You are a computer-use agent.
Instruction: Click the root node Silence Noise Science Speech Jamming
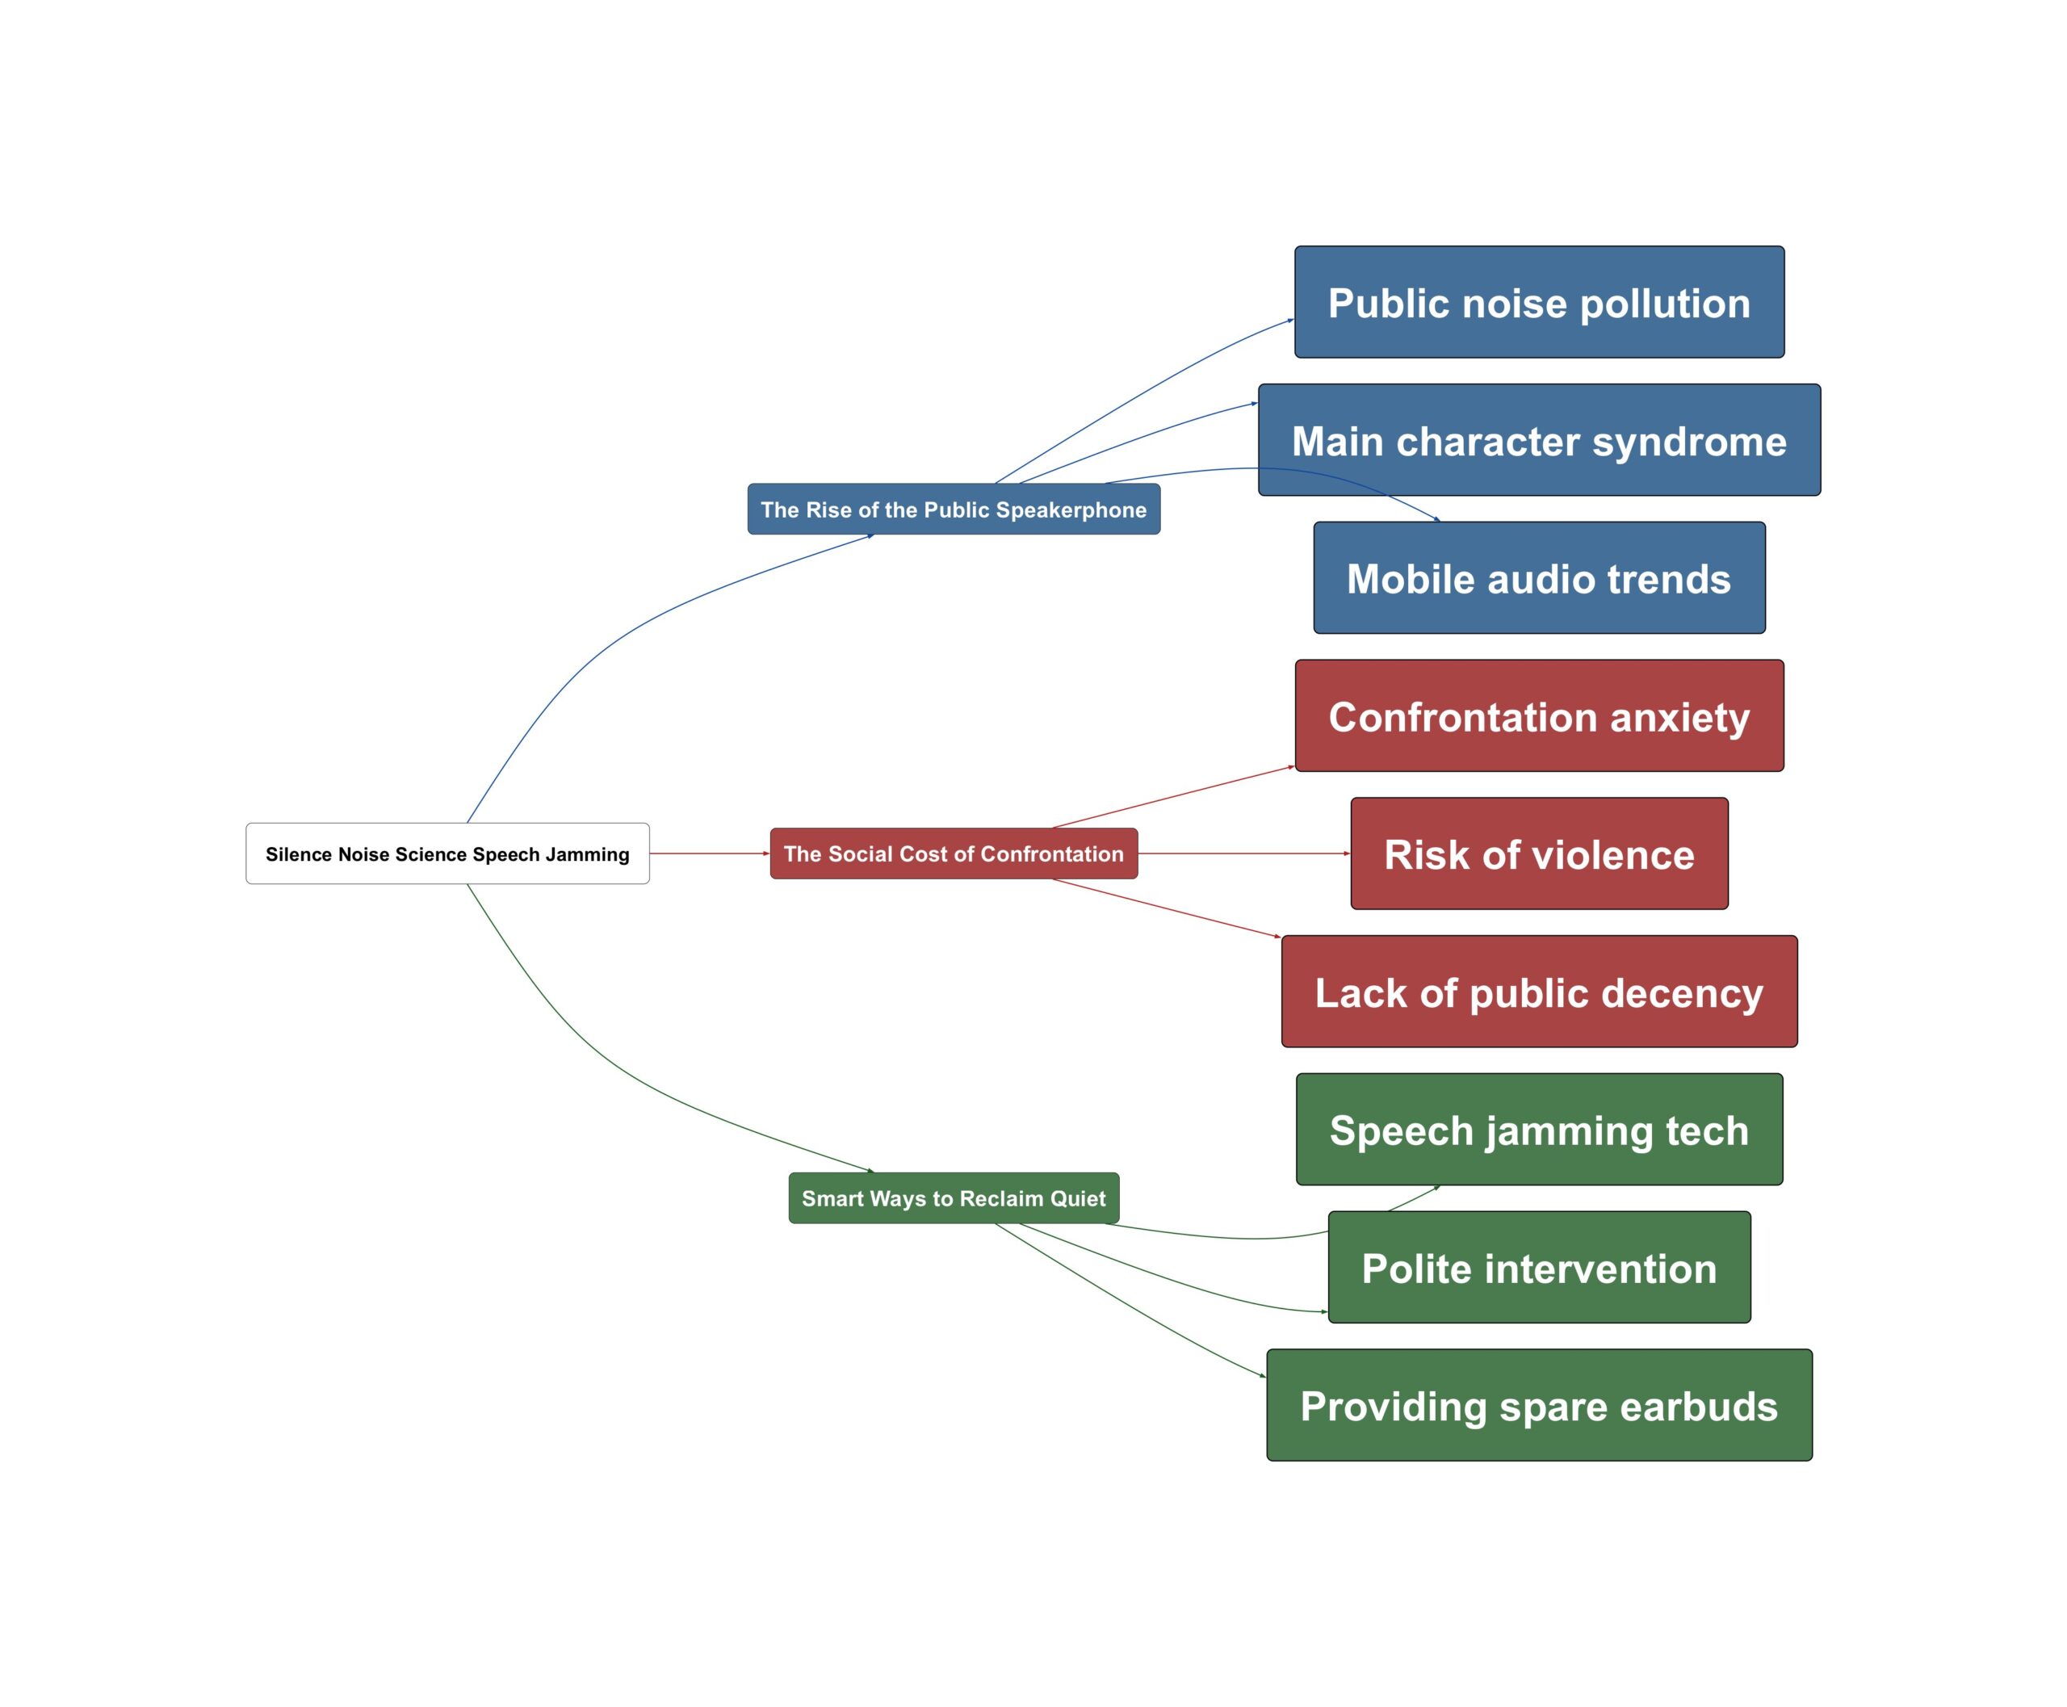[x=447, y=853]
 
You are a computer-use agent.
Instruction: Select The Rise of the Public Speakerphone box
[x=953, y=510]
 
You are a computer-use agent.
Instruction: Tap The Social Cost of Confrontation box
[x=953, y=853]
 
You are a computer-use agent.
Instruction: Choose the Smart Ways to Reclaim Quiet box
[x=953, y=1197]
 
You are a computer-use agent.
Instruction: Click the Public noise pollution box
[x=1539, y=303]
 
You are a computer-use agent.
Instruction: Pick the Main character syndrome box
[x=1539, y=441]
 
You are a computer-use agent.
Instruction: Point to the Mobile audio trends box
[x=1539, y=578]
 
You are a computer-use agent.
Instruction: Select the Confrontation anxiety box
[x=1539, y=716]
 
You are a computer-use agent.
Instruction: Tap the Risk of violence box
[x=1539, y=853]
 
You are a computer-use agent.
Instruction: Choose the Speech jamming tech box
[x=1539, y=1130]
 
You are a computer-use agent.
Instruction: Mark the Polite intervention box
[x=1539, y=1268]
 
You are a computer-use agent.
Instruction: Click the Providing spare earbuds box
[x=1539, y=1405]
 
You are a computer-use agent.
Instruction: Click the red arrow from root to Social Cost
[x=708, y=853]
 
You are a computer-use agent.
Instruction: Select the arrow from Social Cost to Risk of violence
[x=1244, y=853]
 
